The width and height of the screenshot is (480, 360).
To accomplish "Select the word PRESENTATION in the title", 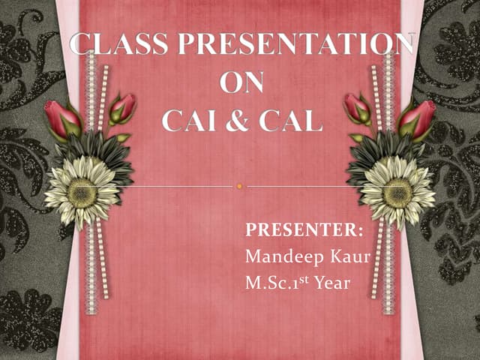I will [289, 46].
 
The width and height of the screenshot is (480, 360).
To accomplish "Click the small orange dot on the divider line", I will [239, 186].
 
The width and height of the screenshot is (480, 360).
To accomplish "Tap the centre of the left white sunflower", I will [82, 192].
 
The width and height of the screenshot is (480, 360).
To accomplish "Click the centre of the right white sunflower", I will [397, 192].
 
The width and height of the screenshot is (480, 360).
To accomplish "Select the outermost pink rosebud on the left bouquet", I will [61, 118].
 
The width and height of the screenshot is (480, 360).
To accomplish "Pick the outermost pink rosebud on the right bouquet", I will [418, 118].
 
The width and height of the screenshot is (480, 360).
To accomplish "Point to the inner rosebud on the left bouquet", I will [121, 108].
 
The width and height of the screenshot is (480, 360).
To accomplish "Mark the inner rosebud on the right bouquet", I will [357, 108].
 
